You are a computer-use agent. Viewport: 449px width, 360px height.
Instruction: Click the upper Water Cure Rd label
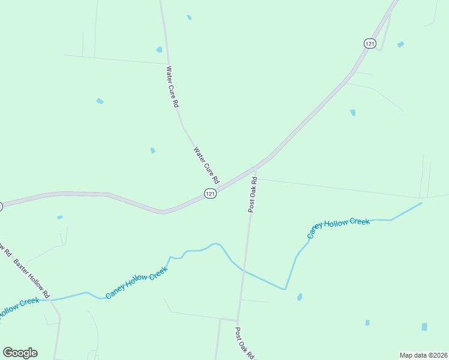pos(173,87)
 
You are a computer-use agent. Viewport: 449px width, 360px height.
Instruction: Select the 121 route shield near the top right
pos(370,43)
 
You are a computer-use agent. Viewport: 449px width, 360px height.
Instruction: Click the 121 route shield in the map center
pos(209,193)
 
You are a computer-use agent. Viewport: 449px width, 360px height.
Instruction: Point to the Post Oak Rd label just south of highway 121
pos(253,194)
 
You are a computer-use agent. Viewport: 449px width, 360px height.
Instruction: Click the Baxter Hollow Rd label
pos(31,279)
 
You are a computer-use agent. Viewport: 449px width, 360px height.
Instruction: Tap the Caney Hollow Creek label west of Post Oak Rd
pos(136,283)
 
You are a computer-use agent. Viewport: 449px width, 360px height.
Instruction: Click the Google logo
pos(20,353)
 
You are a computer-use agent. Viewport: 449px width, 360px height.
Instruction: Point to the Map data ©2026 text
pos(424,355)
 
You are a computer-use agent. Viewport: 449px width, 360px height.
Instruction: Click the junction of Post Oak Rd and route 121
pos(256,169)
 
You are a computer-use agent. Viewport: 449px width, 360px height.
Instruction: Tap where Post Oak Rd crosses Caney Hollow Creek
pos(243,270)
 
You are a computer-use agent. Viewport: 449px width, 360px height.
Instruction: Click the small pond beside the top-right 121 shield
pos(400,44)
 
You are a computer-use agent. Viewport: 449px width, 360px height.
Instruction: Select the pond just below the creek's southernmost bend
pos(300,297)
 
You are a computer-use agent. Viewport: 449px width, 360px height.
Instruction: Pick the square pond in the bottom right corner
pos(424,327)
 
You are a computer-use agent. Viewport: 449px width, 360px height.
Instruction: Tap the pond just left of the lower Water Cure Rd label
pos(152,150)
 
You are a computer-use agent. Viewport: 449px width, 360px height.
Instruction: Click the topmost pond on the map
pos(189,17)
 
